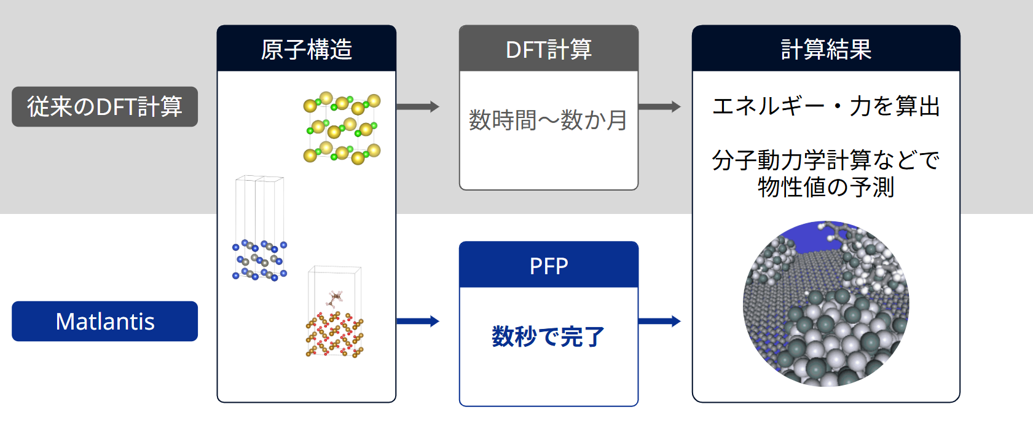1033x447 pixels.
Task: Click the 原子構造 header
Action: point(306,49)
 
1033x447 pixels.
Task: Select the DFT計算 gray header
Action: point(549,49)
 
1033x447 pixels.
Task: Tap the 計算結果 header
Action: point(826,49)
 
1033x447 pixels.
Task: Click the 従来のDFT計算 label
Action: point(104,106)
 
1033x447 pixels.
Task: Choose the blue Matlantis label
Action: point(104,321)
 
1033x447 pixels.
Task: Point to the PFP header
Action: point(549,265)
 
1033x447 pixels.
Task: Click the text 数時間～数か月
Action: point(548,121)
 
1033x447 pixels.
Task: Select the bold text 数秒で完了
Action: point(548,336)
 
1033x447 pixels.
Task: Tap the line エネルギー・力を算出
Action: point(826,106)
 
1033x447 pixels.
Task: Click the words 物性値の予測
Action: point(826,187)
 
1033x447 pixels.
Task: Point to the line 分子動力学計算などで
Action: point(826,160)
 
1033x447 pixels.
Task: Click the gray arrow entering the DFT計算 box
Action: point(418,106)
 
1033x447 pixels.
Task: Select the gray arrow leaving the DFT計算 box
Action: point(659,106)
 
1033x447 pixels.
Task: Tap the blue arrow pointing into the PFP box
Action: point(418,321)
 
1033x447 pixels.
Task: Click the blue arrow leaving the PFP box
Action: point(659,321)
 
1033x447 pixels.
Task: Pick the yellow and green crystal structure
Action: point(342,128)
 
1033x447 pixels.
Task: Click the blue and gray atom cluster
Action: point(260,259)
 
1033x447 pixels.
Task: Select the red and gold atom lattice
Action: point(335,334)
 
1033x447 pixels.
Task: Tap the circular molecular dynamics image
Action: point(826,304)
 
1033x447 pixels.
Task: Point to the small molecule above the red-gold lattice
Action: point(335,298)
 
